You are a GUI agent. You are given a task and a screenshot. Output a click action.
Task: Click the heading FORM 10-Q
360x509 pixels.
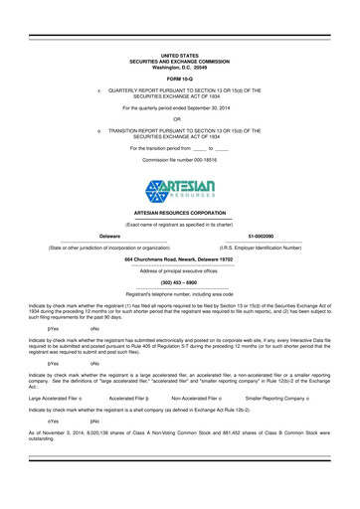[179, 77]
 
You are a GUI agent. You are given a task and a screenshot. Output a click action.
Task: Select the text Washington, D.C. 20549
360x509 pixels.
[179, 66]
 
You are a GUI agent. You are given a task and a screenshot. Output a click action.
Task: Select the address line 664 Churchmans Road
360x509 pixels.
[179, 259]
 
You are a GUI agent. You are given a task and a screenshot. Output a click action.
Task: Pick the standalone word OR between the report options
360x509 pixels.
[179, 120]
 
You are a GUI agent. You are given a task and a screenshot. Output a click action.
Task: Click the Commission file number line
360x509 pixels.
[179, 158]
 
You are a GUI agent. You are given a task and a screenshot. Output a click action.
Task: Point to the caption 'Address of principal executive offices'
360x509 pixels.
[179, 270]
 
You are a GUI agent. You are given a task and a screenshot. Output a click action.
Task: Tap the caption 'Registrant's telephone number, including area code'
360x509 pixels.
[179, 294]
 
